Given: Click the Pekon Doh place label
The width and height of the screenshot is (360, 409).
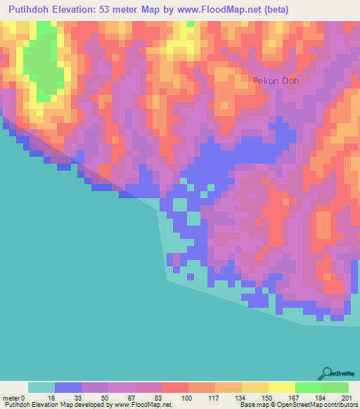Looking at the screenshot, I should [276, 81].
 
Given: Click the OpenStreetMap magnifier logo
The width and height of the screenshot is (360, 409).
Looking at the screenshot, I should [327, 373].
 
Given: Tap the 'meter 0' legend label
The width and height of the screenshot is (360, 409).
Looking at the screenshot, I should [13, 397].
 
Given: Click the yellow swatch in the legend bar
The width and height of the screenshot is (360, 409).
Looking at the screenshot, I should [281, 387].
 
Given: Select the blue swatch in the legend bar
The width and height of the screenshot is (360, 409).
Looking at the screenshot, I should [68, 387].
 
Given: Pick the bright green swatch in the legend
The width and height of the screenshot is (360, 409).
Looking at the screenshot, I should [308, 387].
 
